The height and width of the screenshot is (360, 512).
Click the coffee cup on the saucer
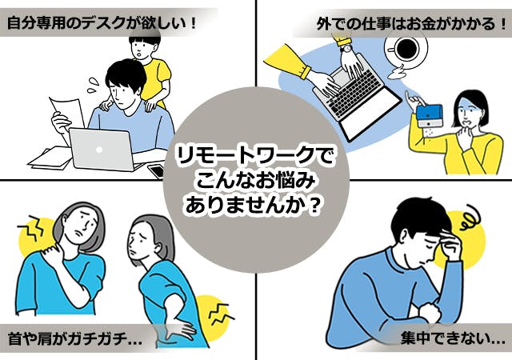pos(406,49)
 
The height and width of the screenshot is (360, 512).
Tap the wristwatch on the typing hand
pos(346,49)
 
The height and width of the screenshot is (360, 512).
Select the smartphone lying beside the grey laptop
pos(157,170)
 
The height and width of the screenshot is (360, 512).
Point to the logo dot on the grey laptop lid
pos(99,150)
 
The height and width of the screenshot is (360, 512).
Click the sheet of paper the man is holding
pos(67,115)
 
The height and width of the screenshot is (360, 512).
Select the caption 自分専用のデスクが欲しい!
pos(102,23)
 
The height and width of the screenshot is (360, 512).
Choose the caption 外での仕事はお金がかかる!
pos(411,24)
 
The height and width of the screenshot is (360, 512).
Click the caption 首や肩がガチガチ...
pos(74,339)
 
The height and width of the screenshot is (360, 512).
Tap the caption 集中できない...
pos(453,338)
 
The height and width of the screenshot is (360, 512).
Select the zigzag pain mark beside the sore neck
pos(30,226)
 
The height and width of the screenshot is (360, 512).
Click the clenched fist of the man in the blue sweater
pos(428,313)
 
